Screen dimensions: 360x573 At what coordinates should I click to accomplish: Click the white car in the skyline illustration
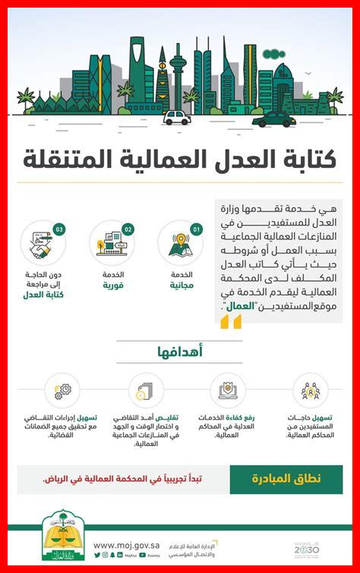pyautogui.click(x=177, y=117)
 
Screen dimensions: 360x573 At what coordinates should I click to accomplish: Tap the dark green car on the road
pyautogui.click(x=274, y=119)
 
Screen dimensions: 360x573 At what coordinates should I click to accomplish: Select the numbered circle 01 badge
pyautogui.click(x=197, y=228)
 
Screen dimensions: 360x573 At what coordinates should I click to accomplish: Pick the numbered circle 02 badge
pyautogui.click(x=128, y=228)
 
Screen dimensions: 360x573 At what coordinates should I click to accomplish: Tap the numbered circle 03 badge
pyautogui.click(x=59, y=228)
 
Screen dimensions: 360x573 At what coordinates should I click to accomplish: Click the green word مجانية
pyautogui.click(x=181, y=286)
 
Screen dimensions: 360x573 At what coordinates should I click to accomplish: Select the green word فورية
pyautogui.click(x=113, y=286)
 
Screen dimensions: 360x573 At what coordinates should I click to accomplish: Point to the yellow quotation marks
pyautogui.click(x=231, y=322)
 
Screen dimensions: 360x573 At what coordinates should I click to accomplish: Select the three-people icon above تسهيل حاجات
pyautogui.click(x=311, y=391)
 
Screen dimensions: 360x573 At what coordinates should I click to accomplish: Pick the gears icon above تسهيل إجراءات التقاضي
pyautogui.click(x=62, y=391)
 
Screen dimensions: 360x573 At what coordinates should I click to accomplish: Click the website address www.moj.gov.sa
pyautogui.click(x=125, y=544)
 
